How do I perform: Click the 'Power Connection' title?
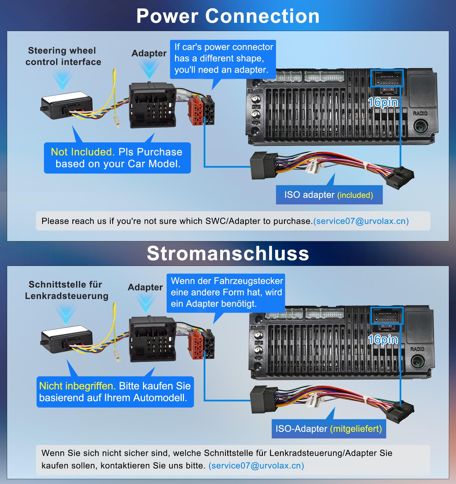228,16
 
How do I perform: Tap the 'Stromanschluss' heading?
228,253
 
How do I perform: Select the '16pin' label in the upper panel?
383,102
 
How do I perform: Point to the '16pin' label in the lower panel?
383,339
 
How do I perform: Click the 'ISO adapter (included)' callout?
329,195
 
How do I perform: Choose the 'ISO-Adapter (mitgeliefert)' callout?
329,429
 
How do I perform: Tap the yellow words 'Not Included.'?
83,152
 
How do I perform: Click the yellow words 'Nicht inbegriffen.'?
77,386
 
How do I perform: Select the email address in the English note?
361,221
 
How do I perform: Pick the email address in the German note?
256,465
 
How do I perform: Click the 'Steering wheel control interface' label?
63,56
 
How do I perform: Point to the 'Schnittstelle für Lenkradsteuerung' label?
67,290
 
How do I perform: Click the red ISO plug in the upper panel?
196,111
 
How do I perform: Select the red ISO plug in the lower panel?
196,345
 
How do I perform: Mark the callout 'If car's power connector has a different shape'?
223,59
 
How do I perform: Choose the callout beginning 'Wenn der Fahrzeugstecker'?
226,293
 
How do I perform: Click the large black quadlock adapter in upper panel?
153,106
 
